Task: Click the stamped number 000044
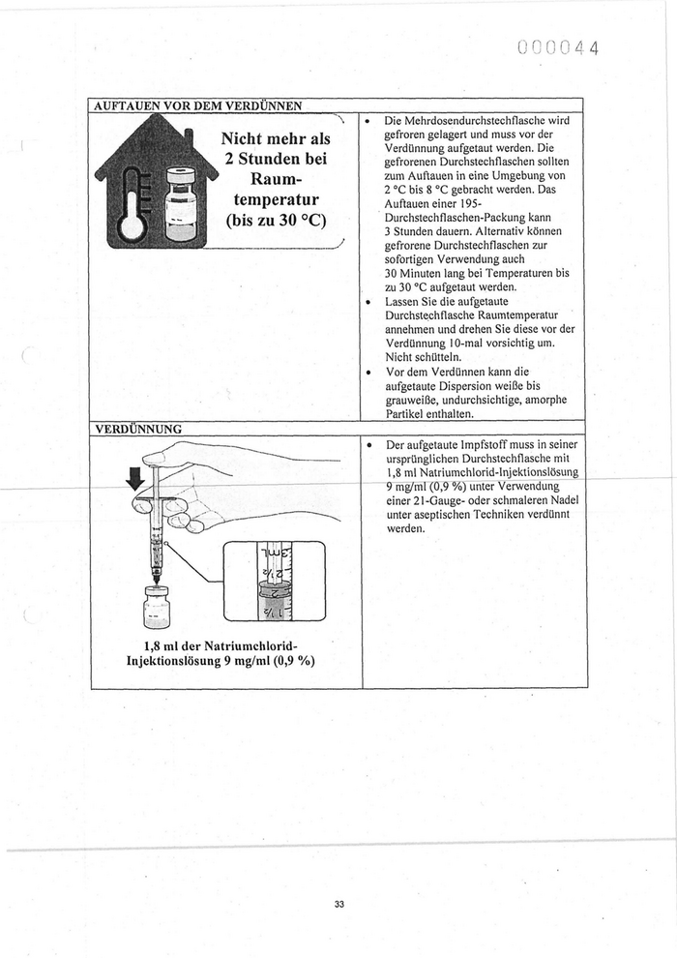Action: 559,47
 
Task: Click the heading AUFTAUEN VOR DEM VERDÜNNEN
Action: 197,105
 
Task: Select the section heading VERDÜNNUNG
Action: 138,428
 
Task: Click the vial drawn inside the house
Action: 180,203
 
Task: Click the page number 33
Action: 338,904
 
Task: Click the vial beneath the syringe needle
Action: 156,607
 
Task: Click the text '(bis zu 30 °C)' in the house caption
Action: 277,219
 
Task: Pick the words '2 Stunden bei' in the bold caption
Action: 278,160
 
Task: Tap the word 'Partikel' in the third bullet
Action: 407,413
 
